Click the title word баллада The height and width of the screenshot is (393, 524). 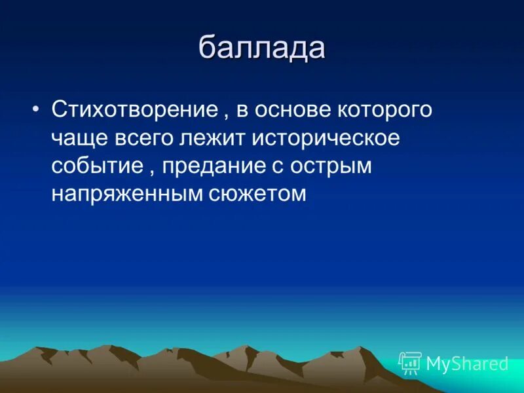[261, 49]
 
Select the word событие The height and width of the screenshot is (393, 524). [97, 166]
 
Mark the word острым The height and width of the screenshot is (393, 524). [331, 166]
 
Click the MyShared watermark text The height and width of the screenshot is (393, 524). [467, 364]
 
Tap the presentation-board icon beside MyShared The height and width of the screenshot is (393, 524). [410, 363]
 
